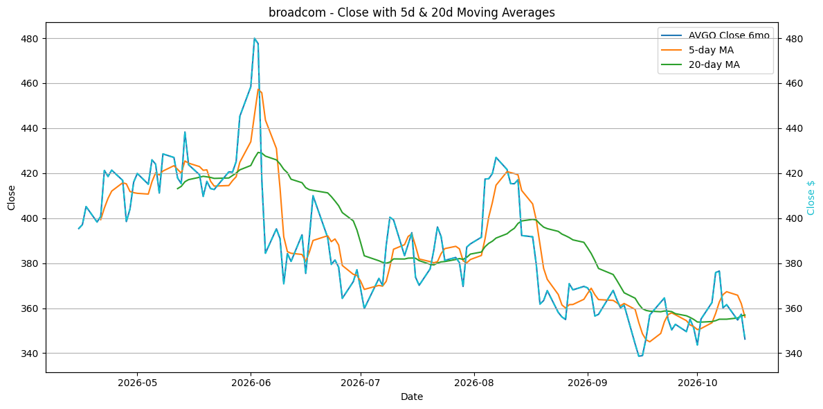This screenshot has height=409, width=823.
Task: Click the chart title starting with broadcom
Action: pos(411,12)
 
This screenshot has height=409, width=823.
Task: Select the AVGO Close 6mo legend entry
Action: pos(714,35)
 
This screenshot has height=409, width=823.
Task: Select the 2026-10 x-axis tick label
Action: pos(697,382)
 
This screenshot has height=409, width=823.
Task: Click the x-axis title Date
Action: pos(411,397)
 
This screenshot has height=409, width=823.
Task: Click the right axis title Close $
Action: pos(811,198)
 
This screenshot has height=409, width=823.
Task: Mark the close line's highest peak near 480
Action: pos(255,38)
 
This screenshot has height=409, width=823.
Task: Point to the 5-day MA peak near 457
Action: pos(258,89)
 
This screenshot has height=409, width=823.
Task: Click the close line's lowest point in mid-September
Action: pos(640,356)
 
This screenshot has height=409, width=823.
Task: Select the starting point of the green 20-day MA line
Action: pos(177,189)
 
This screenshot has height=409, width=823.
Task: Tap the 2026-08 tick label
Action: pos(474,382)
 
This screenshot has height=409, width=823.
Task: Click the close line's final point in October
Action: pos(745,339)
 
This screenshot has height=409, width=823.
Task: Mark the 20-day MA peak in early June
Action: pos(258,153)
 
